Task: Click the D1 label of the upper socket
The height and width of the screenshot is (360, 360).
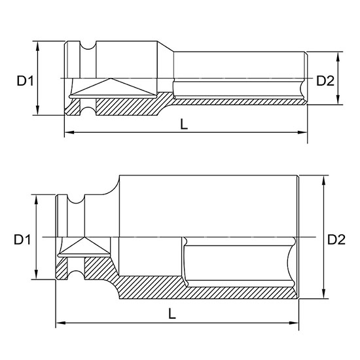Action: [x=25, y=81]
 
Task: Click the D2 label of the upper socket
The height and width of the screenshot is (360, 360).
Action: [x=325, y=81]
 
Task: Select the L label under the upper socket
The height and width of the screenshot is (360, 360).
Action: [x=185, y=124]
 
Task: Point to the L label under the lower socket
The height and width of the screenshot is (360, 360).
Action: [x=171, y=314]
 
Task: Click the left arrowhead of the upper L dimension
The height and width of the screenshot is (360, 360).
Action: [x=67, y=134]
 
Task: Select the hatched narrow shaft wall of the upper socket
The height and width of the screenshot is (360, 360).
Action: [x=236, y=102]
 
